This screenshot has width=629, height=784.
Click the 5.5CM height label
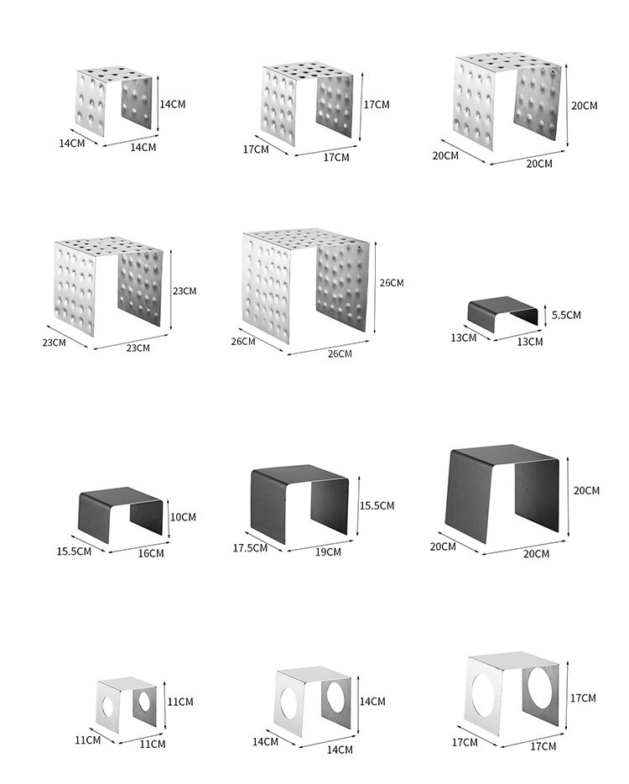click(x=567, y=315)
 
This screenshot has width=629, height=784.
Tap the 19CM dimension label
click(x=328, y=551)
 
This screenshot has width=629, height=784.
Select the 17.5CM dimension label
click(x=250, y=547)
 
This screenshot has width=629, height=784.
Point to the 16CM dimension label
click(x=151, y=553)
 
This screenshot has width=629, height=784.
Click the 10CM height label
click(x=183, y=517)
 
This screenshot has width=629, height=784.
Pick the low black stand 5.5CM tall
click(x=502, y=312)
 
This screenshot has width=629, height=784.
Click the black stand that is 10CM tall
click(x=121, y=510)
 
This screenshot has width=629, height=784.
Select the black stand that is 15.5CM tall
click(x=299, y=499)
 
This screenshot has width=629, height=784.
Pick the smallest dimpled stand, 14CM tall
click(x=114, y=101)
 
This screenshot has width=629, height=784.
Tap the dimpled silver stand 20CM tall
click(x=507, y=98)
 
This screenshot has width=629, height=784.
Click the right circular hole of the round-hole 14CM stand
click(x=335, y=700)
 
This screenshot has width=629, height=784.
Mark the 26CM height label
click(x=391, y=283)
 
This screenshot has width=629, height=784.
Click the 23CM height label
click(x=185, y=291)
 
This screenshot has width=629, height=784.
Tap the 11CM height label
click(x=180, y=701)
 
